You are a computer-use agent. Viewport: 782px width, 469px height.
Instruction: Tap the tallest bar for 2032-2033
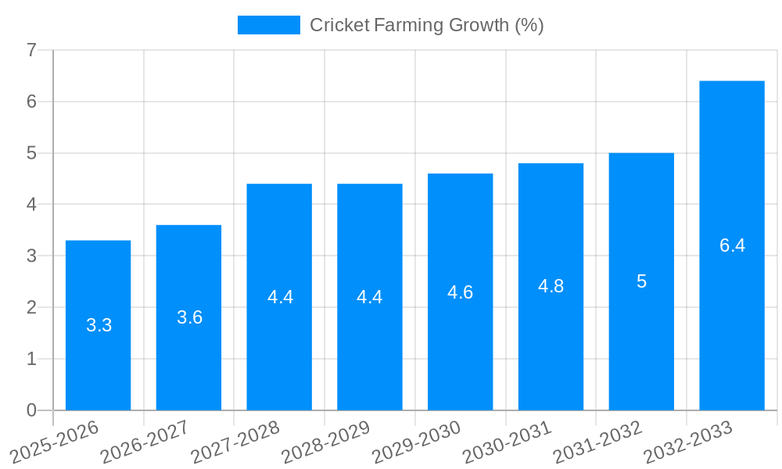732,313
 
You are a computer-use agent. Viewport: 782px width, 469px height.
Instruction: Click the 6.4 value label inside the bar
732,245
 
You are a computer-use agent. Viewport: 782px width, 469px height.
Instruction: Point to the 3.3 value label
99,325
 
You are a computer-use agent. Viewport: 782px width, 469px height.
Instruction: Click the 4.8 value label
551,286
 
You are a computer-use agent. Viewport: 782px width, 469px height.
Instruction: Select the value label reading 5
641,281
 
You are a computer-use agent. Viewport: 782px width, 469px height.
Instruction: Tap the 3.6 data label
189,317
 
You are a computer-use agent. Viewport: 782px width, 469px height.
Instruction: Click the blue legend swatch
268,25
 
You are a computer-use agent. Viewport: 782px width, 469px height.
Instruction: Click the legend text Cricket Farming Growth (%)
426,25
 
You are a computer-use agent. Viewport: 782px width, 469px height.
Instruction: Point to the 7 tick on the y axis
31,50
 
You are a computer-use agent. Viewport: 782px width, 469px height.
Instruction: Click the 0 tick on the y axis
31,410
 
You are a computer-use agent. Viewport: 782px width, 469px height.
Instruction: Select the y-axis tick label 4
31,205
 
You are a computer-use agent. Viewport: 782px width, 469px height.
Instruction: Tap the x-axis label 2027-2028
235,442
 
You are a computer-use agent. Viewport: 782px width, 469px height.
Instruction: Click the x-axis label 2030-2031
507,442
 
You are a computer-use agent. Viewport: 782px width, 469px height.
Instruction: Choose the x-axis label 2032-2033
687,442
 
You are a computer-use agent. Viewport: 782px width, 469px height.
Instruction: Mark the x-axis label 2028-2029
325,442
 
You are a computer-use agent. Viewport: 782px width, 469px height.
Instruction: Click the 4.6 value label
460,292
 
